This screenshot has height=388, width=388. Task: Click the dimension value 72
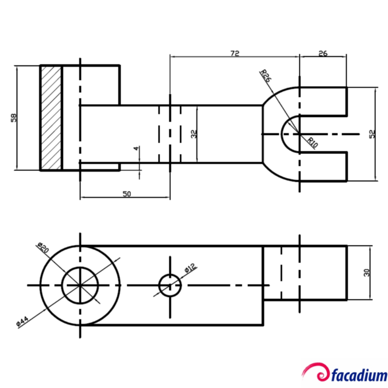[x=235, y=53]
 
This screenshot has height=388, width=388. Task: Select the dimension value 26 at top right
[x=323, y=53]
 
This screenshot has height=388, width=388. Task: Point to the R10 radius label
[x=313, y=143]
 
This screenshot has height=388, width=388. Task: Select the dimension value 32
[x=194, y=134]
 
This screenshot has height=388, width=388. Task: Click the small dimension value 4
[x=136, y=149]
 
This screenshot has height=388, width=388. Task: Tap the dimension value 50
[x=127, y=194]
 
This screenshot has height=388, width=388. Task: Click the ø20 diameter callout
[x=42, y=247]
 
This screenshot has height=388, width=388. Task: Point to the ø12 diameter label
[x=189, y=267]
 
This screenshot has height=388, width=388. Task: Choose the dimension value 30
[x=366, y=273]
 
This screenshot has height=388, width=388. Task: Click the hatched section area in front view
[x=51, y=118]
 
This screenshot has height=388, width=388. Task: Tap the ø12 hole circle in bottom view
[x=170, y=284]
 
